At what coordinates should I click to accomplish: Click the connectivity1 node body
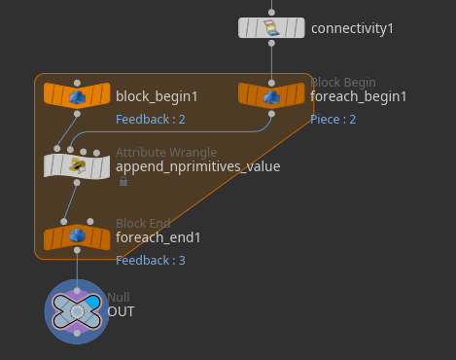tap(271, 28)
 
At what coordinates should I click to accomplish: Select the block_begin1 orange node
tap(77, 95)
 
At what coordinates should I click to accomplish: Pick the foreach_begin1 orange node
tap(271, 95)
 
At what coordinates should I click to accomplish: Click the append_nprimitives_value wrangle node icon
tap(77, 165)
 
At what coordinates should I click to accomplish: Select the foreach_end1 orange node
tap(77, 237)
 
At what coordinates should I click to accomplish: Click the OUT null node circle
tap(77, 311)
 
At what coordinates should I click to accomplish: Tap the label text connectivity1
tap(352, 28)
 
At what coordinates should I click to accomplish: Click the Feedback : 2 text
tap(151, 120)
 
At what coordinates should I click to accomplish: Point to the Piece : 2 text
tap(333, 120)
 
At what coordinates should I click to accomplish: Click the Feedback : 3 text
tap(151, 261)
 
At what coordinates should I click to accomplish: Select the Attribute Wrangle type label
tap(166, 153)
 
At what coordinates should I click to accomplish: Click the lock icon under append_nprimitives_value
tap(123, 181)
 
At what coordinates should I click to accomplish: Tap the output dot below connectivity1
tap(271, 43)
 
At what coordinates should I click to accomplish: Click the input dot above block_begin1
tap(77, 83)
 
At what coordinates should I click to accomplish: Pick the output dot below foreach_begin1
tap(271, 114)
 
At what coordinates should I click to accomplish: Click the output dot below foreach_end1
tap(77, 250)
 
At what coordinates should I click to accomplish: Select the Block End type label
tap(143, 223)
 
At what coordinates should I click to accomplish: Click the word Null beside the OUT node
tap(119, 297)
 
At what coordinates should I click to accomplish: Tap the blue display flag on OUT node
tap(93, 302)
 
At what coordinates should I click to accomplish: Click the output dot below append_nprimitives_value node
tap(77, 183)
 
